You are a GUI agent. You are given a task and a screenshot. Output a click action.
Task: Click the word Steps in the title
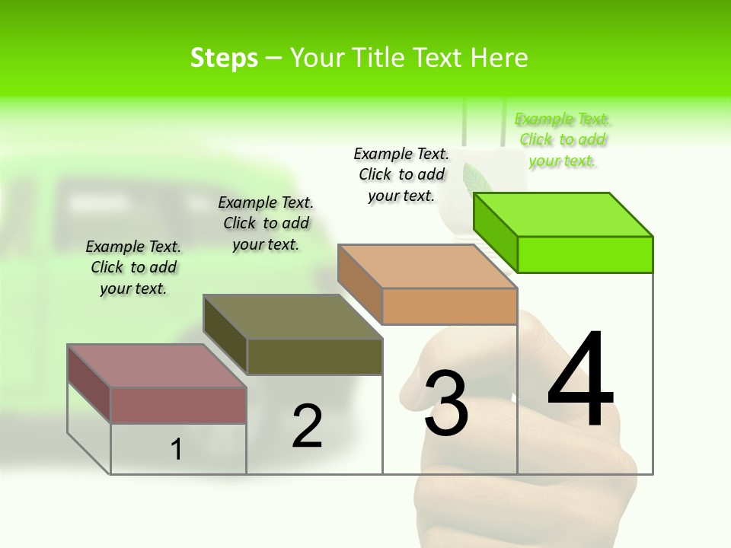pyautogui.click(x=224, y=58)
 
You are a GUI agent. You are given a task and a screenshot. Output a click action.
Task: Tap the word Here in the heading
pyautogui.click(x=499, y=58)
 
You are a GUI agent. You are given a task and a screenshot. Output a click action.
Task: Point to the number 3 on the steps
pyautogui.click(x=445, y=403)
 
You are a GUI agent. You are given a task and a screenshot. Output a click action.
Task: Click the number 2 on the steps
pyautogui.click(x=307, y=426)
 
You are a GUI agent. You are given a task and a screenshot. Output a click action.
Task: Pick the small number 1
pyautogui.click(x=176, y=449)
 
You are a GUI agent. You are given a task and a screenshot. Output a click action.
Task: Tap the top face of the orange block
pyautogui.click(x=427, y=266)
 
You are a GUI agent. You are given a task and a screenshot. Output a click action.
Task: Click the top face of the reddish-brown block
pyautogui.click(x=157, y=366)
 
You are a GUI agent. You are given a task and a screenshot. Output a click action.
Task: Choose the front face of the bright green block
pyautogui.click(x=585, y=254)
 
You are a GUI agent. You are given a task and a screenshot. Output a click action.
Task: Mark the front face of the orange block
pyautogui.click(x=449, y=306)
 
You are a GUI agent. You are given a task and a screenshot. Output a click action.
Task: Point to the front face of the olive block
pyautogui.click(x=314, y=356)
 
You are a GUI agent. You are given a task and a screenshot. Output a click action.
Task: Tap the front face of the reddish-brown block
pyautogui.click(x=178, y=405)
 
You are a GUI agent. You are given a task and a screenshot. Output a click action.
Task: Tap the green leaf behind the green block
pyautogui.click(x=477, y=180)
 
